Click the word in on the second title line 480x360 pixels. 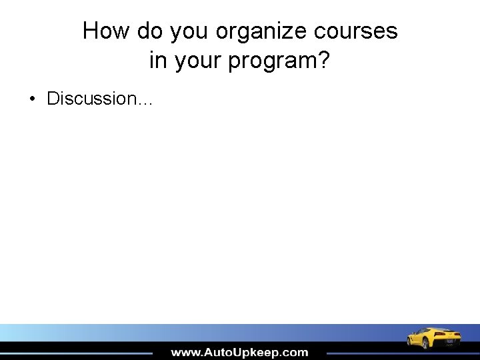click(x=157, y=61)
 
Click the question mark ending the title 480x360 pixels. click(x=324, y=61)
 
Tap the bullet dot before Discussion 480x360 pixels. click(x=32, y=99)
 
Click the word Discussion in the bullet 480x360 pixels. click(x=91, y=99)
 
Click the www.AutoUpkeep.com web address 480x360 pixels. click(x=239, y=353)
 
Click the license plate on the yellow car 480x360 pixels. click(x=450, y=341)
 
